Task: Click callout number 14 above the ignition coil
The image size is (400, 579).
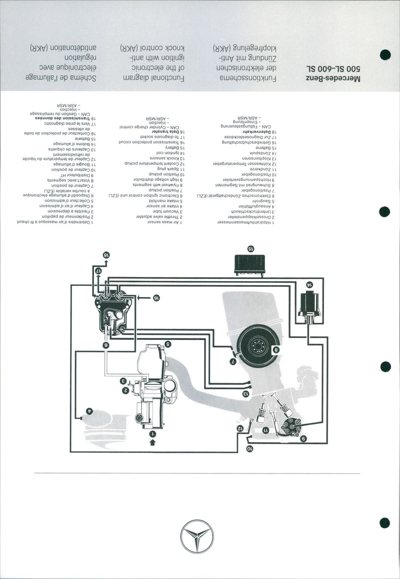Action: tap(309, 283)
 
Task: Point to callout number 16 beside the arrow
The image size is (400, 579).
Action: tap(156, 297)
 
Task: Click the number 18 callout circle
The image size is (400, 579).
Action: tap(105, 255)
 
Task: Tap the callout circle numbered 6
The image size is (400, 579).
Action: tap(105, 345)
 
